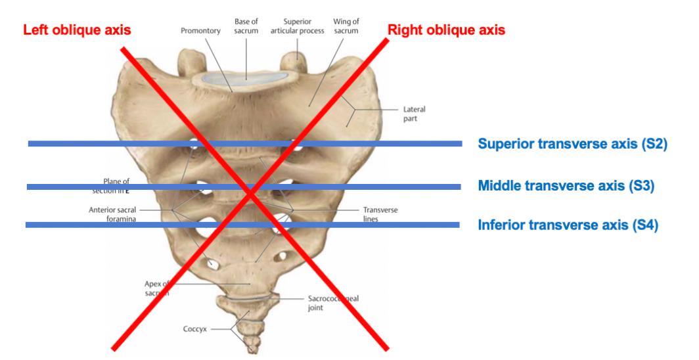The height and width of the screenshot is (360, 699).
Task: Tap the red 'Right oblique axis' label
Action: pos(446,30)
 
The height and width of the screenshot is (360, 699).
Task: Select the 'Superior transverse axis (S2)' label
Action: pos(572,143)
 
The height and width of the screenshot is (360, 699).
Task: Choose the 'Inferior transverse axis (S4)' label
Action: pos(568,225)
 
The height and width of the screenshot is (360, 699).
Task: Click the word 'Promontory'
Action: pos(201,30)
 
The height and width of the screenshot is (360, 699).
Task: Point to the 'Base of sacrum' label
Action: pos(246,26)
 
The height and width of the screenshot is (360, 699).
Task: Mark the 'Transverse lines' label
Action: pos(380,215)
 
